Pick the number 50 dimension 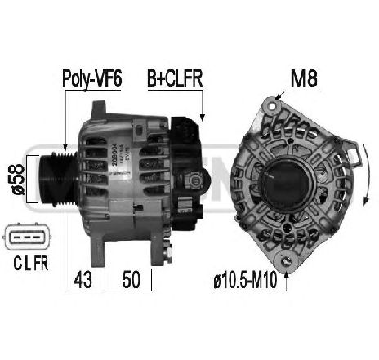click(x=131, y=278)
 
